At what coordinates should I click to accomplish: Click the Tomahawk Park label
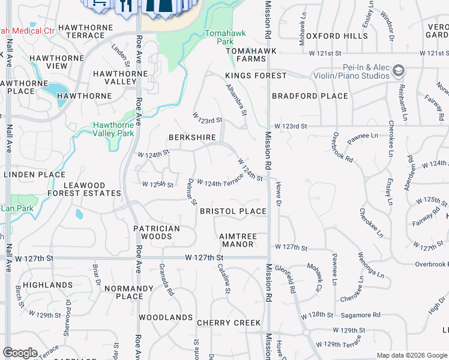point(218,37)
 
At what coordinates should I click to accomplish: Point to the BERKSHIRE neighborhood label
point(192,137)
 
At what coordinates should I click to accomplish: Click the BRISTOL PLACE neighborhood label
point(233,211)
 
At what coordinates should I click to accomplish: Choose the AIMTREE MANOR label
point(238,240)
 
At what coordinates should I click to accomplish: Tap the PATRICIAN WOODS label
point(157,232)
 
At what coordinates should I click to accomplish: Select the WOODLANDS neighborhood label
point(166,317)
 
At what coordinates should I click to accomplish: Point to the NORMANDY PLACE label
point(130,292)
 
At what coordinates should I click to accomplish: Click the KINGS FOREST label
point(256,76)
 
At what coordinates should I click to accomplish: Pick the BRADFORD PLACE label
point(310,96)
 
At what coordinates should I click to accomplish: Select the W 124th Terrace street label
point(220,184)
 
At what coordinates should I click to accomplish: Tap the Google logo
point(20,353)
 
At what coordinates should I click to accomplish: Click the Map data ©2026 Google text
point(411,355)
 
